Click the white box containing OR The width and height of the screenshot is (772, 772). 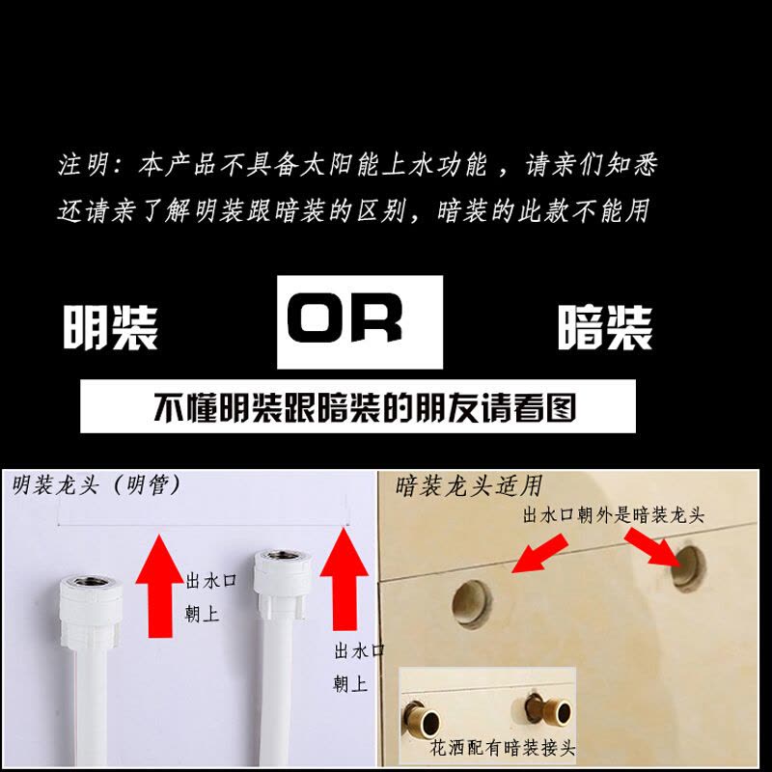pyautogui.click(x=359, y=322)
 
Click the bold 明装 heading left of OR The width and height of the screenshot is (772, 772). pyautogui.click(x=110, y=327)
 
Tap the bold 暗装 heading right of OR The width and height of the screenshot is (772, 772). pyautogui.click(x=605, y=327)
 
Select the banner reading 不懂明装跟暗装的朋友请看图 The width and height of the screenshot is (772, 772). pyautogui.click(x=358, y=406)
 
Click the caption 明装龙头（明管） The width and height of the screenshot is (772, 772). pyautogui.click(x=96, y=485)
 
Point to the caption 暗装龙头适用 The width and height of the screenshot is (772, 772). pyautogui.click(x=469, y=486)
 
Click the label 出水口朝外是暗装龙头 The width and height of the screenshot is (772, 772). pyautogui.click(x=613, y=515)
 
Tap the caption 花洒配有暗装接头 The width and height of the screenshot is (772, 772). pyautogui.click(x=502, y=748)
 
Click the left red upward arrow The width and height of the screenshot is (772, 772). pyautogui.click(x=160, y=587)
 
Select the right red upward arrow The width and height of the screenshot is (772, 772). pyautogui.click(x=345, y=579)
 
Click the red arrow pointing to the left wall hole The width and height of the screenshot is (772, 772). pyautogui.click(x=540, y=554)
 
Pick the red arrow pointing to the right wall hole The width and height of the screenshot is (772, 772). pyautogui.click(x=653, y=547)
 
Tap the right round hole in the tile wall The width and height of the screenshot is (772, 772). pyautogui.click(x=689, y=568)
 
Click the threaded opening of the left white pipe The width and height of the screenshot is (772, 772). pyautogui.click(x=91, y=582)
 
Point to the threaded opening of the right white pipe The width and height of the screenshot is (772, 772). pyautogui.click(x=282, y=556)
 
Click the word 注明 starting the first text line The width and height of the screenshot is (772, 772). pyautogui.click(x=83, y=164)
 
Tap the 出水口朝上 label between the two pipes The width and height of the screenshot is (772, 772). pyautogui.click(x=210, y=596)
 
